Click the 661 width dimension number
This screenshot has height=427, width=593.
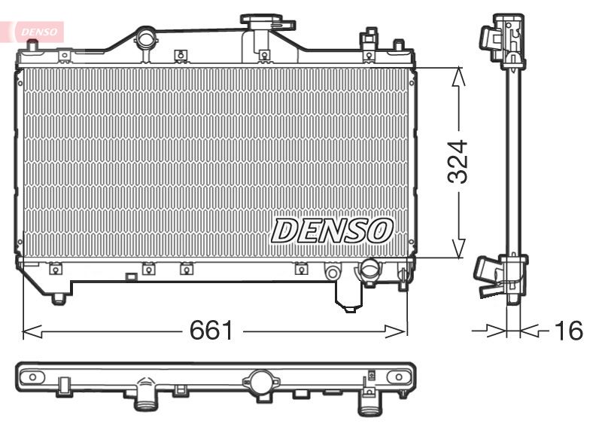[x=211, y=330]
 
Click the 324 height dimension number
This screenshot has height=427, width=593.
[x=458, y=162]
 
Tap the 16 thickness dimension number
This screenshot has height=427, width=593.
[x=568, y=331]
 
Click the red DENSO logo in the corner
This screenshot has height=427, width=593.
[x=38, y=32]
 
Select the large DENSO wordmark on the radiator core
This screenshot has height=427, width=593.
[x=332, y=230]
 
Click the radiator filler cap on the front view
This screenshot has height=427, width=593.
[x=267, y=21]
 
